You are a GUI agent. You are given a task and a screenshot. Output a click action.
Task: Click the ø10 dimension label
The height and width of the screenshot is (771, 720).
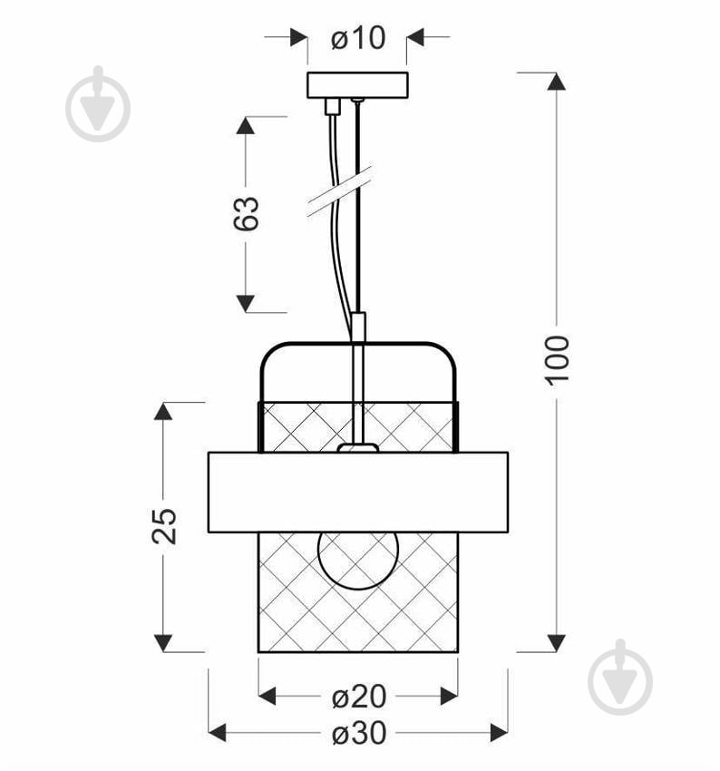(358, 38)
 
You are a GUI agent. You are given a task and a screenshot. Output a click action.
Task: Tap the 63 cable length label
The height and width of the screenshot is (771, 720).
(248, 213)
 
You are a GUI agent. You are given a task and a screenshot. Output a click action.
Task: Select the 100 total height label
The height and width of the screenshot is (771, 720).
(557, 359)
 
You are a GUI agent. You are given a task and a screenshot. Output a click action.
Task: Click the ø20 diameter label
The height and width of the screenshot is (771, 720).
(358, 697)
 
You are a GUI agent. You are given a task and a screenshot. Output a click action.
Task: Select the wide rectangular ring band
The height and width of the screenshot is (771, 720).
(357, 492)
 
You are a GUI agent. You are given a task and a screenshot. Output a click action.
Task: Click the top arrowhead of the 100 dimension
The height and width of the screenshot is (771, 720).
(557, 81)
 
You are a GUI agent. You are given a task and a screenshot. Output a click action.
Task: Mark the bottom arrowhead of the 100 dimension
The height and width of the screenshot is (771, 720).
(557, 642)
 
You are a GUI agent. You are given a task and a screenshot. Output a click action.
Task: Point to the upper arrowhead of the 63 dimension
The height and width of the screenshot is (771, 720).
(246, 125)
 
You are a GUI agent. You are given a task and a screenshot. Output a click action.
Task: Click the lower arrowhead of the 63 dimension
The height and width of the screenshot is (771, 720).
(246, 303)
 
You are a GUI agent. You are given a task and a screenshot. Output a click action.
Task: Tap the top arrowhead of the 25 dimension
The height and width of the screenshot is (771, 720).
(163, 411)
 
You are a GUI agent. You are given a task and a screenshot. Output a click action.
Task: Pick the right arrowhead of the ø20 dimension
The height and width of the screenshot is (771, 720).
(448, 697)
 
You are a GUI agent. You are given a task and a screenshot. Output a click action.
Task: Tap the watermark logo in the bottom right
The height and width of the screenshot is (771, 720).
(620, 678)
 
